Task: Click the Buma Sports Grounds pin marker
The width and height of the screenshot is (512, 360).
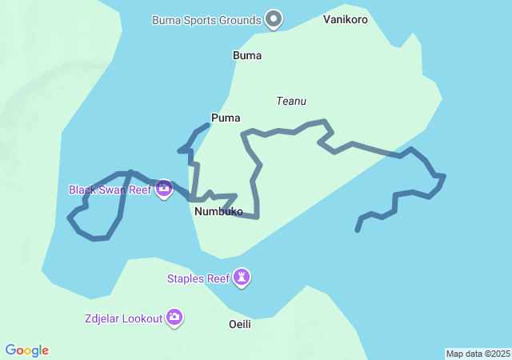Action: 274,18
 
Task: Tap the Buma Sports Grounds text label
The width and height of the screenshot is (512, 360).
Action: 206,20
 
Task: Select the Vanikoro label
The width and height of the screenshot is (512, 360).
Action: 346,19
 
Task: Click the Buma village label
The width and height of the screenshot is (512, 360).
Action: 246,56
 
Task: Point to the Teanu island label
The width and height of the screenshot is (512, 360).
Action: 291,102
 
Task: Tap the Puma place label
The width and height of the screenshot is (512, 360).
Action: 226,118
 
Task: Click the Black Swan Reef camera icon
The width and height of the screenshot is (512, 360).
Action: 164,189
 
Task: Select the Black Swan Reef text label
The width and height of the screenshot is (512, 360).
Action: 110,190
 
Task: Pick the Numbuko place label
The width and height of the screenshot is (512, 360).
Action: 218,212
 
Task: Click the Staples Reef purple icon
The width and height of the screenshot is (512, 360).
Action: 242,278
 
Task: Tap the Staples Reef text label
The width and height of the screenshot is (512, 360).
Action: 198,278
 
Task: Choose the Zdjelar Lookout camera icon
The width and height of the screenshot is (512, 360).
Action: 174,318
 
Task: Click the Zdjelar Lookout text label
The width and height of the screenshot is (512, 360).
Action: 123,318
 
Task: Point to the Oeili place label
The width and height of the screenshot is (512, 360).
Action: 239,324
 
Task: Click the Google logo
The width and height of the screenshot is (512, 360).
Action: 27,350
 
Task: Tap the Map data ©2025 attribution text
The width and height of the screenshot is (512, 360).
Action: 478,354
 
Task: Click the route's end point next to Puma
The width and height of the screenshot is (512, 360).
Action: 208,125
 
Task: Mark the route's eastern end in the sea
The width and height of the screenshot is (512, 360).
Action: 357,230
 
